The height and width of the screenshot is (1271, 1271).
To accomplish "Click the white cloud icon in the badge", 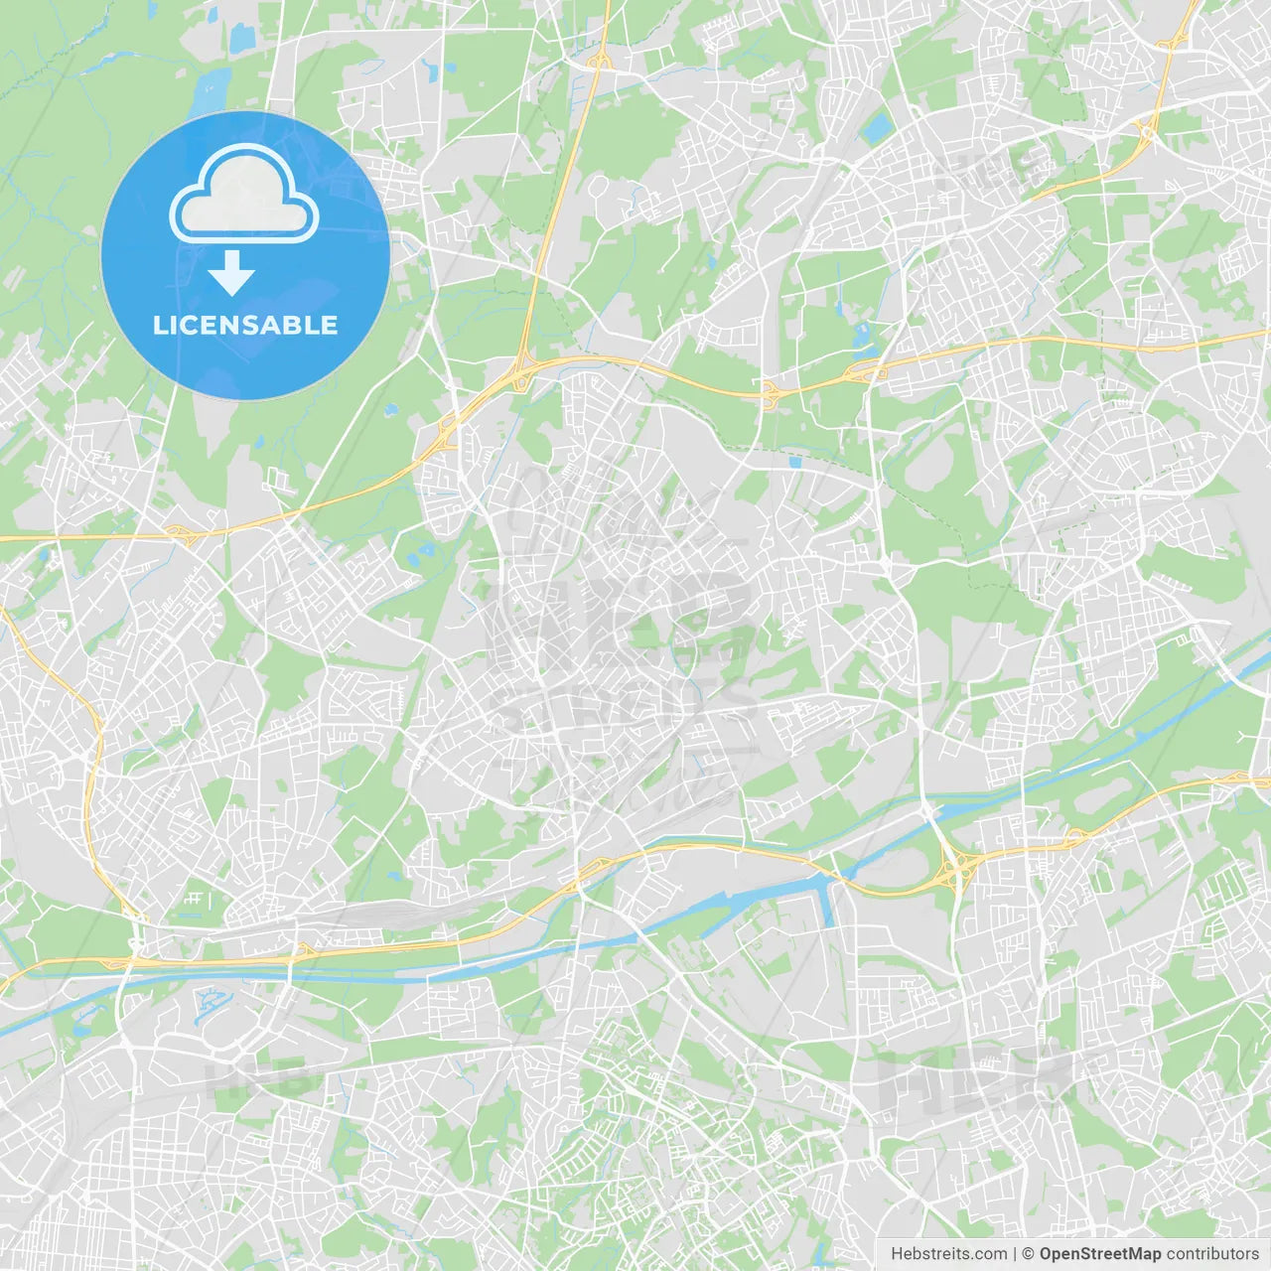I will [244, 196].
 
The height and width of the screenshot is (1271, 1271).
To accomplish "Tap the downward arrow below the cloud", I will [232, 273].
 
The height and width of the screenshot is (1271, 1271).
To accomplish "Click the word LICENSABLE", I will [245, 325].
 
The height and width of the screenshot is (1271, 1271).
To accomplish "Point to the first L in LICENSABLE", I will [159, 325].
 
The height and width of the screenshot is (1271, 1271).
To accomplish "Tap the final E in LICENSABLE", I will [330, 325].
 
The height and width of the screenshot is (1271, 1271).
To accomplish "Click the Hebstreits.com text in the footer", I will [949, 1254].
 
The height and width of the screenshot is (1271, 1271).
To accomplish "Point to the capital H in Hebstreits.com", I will [897, 1254].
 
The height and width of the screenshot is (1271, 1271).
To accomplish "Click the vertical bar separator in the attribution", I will [1015, 1254].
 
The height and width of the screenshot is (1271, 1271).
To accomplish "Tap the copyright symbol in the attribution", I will [1029, 1254].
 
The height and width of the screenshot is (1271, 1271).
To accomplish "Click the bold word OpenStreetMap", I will [1100, 1254].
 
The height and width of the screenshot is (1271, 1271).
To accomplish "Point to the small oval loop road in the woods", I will [598, 186].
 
